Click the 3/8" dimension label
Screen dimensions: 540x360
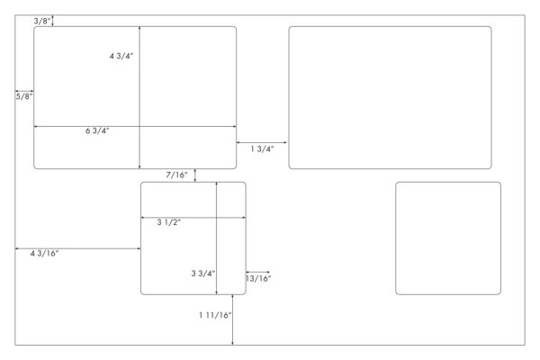[x=42, y=21]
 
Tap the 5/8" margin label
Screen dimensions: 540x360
[x=24, y=96]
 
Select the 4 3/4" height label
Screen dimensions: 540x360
[x=121, y=56]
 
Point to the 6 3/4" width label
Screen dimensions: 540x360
[x=97, y=130]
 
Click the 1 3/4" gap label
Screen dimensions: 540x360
[x=263, y=148]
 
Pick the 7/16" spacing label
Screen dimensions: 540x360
[x=177, y=175]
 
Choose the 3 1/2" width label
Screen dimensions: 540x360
[x=169, y=222]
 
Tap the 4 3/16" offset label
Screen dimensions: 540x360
[x=44, y=254]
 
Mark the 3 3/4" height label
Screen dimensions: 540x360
[x=203, y=274]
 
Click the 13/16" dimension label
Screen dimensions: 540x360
[x=258, y=279]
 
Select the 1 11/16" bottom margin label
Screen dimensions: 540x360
[x=215, y=315]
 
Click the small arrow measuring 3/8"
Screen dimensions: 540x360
[x=52, y=21]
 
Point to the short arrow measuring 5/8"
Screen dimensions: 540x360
[x=24, y=91]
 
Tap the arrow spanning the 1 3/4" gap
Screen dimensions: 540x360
[x=262, y=142]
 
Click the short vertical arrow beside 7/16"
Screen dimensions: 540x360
[x=195, y=175]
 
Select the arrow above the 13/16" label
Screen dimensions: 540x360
[x=258, y=272]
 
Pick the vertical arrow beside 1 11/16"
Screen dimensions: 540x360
[x=232, y=320]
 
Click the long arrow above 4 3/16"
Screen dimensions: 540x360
[x=77, y=248]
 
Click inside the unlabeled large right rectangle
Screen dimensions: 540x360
[x=391, y=97]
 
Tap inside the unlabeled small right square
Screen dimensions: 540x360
[x=448, y=238]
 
